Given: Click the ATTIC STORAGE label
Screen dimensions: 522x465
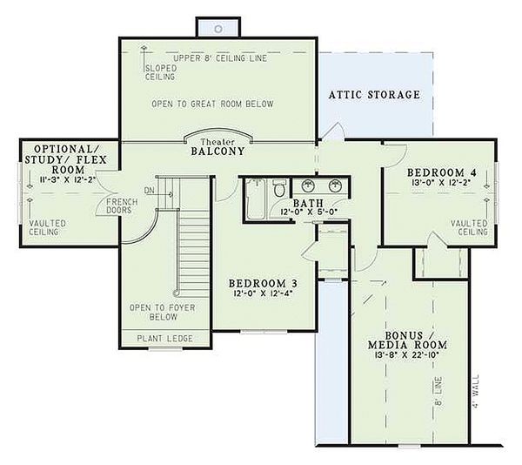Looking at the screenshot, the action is point(374,95).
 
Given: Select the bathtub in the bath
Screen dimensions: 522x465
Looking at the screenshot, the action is point(255,199).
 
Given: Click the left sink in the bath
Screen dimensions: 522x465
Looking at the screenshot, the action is point(309,185).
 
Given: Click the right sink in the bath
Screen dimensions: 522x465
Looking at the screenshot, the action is point(335,185).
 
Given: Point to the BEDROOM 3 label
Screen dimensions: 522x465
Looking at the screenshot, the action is point(263,284).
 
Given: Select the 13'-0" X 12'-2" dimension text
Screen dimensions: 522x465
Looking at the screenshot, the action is point(441,182).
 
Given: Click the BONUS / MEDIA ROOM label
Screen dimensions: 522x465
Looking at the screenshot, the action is point(407,340).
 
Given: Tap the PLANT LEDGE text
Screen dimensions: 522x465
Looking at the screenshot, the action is point(164,339).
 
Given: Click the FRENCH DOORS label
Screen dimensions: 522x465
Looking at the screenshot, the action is point(122,206).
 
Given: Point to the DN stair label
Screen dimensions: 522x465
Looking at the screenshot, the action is point(150,191).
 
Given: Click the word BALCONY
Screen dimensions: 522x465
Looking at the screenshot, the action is point(217,152).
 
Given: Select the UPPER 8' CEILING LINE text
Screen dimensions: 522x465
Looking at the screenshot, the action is point(220,58).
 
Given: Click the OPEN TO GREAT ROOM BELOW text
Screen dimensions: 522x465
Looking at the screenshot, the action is point(212,104).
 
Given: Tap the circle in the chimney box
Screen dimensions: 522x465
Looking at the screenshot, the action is point(218,29).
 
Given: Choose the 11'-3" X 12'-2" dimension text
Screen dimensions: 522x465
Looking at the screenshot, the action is point(68,179).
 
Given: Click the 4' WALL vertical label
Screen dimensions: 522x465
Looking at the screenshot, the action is point(476,392).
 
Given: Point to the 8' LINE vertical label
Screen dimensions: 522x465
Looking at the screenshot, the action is point(439,391).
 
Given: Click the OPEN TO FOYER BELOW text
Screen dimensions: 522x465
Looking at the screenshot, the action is point(163,312).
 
